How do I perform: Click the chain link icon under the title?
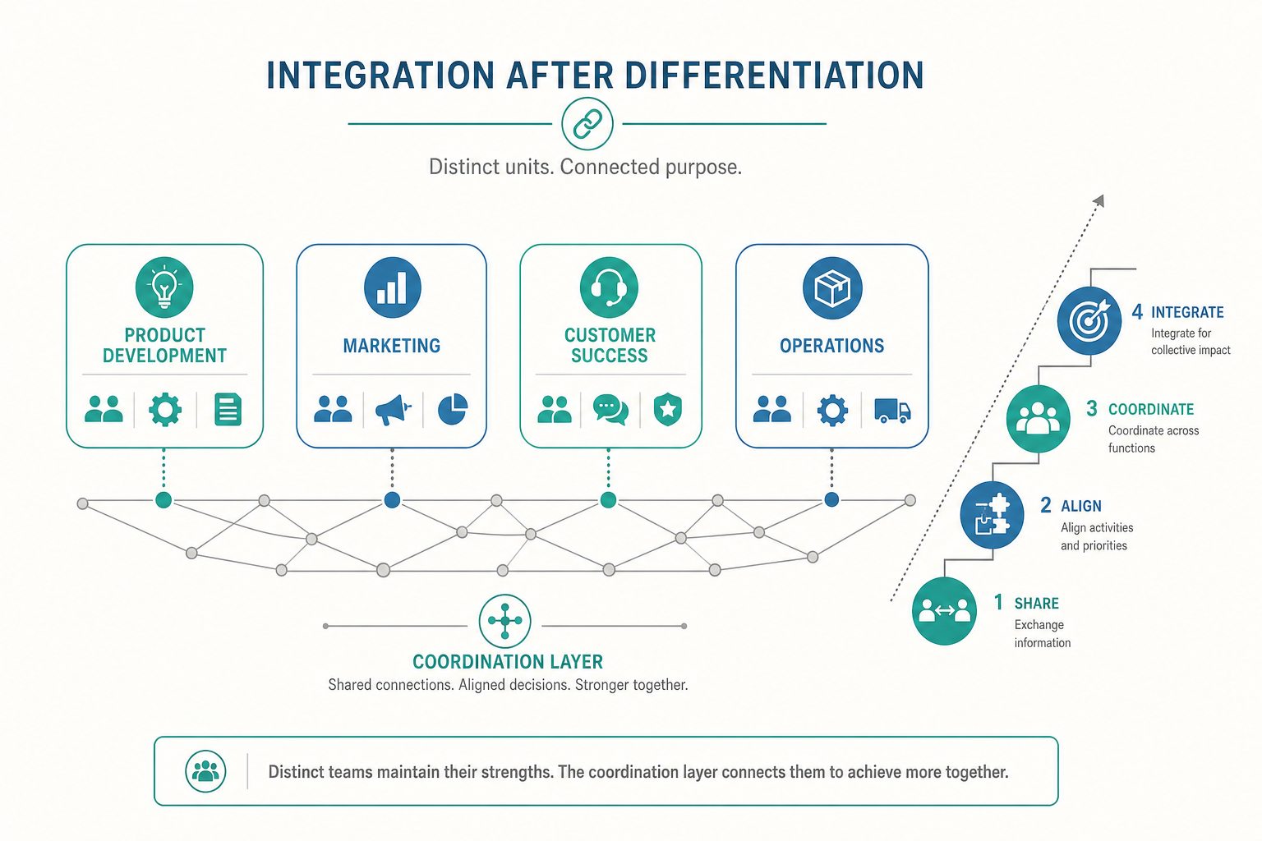(x=587, y=123)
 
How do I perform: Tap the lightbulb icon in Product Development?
(x=164, y=287)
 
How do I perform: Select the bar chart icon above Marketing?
(x=392, y=287)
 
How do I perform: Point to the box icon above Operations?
(x=832, y=287)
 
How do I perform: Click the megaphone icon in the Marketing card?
(x=394, y=410)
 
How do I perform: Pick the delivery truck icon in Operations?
(x=892, y=411)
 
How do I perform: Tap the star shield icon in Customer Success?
(x=668, y=410)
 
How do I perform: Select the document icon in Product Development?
(x=228, y=409)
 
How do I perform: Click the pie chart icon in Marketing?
(x=453, y=409)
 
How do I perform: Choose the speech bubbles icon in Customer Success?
(x=610, y=410)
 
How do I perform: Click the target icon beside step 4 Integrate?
(x=1089, y=320)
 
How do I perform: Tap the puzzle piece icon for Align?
(x=993, y=514)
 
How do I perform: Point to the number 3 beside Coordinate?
(x=1092, y=408)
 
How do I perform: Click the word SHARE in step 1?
(x=1037, y=604)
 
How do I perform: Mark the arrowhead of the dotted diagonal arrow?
(x=1099, y=200)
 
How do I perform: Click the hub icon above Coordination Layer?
(x=504, y=621)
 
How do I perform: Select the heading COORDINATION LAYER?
(x=508, y=662)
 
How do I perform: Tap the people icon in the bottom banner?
(x=205, y=771)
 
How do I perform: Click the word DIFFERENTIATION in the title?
(x=775, y=75)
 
